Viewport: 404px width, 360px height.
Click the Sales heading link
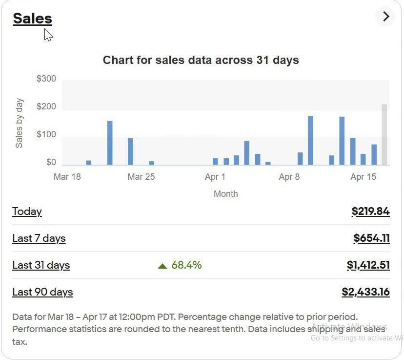tap(33, 19)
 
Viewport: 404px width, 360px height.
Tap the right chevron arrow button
tap(386, 17)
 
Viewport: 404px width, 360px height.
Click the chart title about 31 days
tap(201, 60)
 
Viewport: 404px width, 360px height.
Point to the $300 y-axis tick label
tap(46, 79)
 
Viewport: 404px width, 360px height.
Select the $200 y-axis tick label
tap(46, 106)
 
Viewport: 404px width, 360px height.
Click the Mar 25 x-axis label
tap(141, 177)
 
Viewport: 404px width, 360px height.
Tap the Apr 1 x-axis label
tap(215, 177)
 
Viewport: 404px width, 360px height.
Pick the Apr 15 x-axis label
tap(364, 177)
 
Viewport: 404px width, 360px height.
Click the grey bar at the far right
tap(384, 135)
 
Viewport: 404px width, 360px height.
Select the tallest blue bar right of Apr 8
tap(310, 141)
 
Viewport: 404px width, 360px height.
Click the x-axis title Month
tap(226, 193)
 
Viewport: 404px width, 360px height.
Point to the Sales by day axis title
tap(19, 123)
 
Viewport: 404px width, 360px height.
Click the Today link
tap(27, 212)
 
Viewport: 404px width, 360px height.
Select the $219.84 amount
tap(370, 211)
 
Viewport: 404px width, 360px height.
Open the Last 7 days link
tap(39, 238)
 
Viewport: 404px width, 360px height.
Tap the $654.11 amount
tap(371, 238)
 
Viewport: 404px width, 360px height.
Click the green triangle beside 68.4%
tap(162, 266)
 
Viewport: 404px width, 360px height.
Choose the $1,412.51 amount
tap(368, 265)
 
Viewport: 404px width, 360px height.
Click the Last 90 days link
tap(42, 292)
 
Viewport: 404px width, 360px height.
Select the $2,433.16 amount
tap(365, 292)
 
